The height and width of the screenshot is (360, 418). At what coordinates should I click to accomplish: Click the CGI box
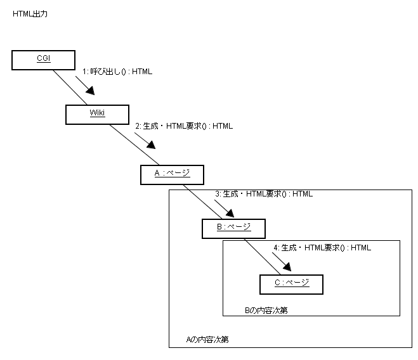43,60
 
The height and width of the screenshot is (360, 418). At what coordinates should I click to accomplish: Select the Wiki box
97,114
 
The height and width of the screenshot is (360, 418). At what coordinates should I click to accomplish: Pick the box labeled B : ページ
233,228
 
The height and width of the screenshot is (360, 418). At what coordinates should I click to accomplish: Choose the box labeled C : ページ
292,283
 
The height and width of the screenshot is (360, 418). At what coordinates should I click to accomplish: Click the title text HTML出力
30,13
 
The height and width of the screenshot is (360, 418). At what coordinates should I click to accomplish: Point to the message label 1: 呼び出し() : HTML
117,72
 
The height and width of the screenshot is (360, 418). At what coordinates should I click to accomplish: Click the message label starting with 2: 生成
184,126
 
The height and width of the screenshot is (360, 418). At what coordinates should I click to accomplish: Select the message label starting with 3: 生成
263,194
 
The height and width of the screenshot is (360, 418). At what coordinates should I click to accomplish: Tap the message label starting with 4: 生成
322,248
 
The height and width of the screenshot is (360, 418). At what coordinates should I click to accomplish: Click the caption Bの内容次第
267,311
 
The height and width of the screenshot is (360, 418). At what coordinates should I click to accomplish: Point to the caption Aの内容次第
207,340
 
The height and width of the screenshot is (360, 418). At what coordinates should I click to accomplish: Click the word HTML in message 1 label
142,72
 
